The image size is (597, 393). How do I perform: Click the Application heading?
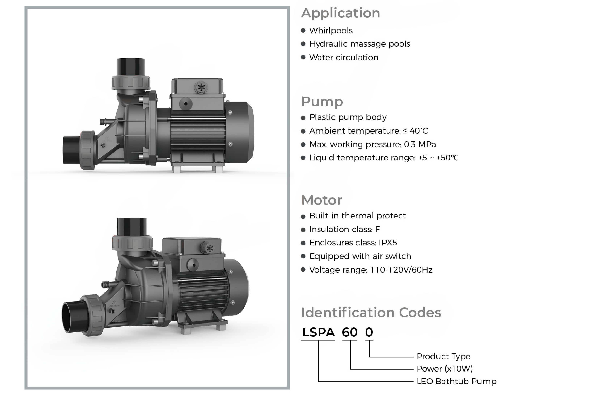(340, 13)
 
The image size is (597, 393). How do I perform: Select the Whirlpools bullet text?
(331, 31)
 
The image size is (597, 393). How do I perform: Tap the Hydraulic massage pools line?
(360, 44)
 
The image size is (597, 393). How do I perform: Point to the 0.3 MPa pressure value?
(420, 144)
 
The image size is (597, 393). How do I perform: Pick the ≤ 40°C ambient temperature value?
(415, 131)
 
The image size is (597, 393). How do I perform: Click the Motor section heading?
(322, 200)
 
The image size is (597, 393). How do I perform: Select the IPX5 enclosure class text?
(388, 243)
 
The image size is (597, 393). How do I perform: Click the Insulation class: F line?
(345, 229)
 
